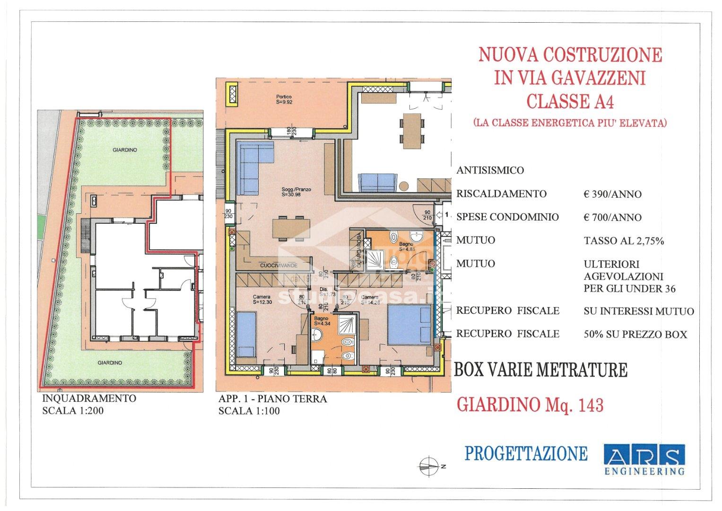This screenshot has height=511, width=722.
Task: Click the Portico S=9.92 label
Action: coord(284,99)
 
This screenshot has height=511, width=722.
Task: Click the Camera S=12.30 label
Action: coord(261,299)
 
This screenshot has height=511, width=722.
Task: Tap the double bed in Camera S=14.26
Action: coord(409,325)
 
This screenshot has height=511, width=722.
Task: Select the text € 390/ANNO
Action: coord(613,194)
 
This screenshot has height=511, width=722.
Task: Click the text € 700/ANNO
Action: coord(613,218)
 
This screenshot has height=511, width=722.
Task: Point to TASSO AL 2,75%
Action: coord(624,241)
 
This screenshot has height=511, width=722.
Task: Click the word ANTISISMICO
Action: coord(490,170)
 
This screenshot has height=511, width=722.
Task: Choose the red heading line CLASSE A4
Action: coord(570,101)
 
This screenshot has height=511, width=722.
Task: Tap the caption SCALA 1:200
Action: coord(73,411)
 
